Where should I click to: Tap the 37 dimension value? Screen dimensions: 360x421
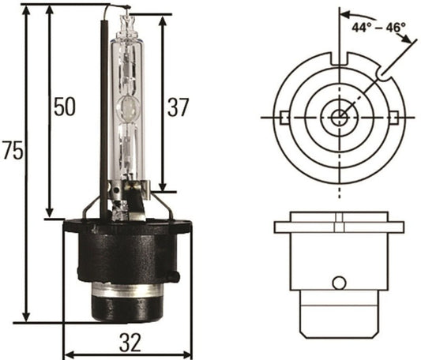180,106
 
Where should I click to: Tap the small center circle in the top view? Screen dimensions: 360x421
340,118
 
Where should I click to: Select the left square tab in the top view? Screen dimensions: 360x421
282,118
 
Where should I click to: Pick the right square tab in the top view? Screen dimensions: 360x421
397,118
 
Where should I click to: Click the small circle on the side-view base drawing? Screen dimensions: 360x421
340,283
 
